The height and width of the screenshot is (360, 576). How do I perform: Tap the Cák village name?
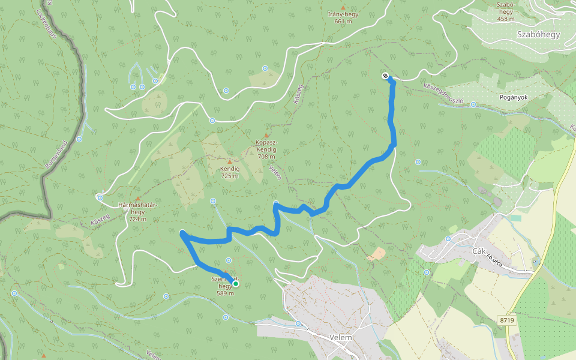(x=478, y=251)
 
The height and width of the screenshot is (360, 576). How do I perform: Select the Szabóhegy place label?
(x=538, y=34)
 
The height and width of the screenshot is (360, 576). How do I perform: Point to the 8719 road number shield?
(x=507, y=320)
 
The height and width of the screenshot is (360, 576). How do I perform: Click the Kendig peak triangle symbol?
(x=229, y=162)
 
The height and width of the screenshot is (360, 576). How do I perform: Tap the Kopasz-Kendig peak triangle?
(x=266, y=136)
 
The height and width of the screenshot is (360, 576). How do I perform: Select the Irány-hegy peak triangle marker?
(x=343, y=8)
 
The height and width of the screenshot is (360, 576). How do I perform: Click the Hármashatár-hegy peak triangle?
(x=138, y=199)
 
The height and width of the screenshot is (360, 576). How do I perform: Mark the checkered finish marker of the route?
(x=385, y=76)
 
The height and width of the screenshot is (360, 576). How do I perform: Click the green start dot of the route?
(x=236, y=284)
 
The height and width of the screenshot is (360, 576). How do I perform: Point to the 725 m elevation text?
(x=230, y=176)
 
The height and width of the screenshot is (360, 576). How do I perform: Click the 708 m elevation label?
(x=266, y=156)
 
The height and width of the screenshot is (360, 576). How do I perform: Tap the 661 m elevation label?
(x=343, y=22)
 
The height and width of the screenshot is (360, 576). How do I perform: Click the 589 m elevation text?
(x=225, y=293)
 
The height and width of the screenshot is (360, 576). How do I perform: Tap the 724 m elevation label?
(x=137, y=218)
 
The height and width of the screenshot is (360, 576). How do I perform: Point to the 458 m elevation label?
(x=506, y=19)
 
